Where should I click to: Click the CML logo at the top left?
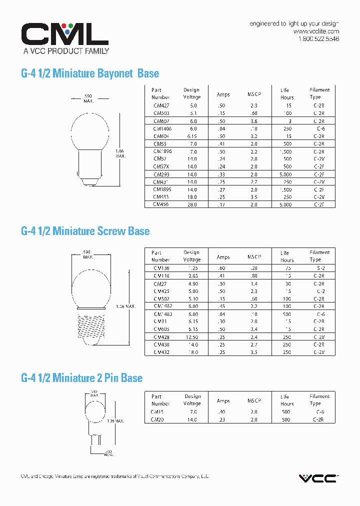(x=64, y=34)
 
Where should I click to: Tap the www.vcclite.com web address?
(x=316, y=31)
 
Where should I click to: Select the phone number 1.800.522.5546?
(x=318, y=39)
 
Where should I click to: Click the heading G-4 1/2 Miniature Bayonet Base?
(x=90, y=73)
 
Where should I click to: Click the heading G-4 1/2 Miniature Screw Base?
(x=85, y=231)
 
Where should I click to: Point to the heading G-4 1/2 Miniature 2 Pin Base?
(x=82, y=378)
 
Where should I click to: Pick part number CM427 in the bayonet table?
(x=161, y=106)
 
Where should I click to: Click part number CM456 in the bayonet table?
(x=161, y=204)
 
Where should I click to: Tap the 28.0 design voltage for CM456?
(x=192, y=204)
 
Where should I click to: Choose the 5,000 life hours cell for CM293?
(x=285, y=174)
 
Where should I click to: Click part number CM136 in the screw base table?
(x=161, y=268)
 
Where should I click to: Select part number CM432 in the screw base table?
(x=161, y=352)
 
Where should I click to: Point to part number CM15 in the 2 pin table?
(x=158, y=412)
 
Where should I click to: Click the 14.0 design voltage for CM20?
(x=192, y=420)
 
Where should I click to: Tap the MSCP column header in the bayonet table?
(x=254, y=94)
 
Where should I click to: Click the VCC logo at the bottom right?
(x=318, y=478)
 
